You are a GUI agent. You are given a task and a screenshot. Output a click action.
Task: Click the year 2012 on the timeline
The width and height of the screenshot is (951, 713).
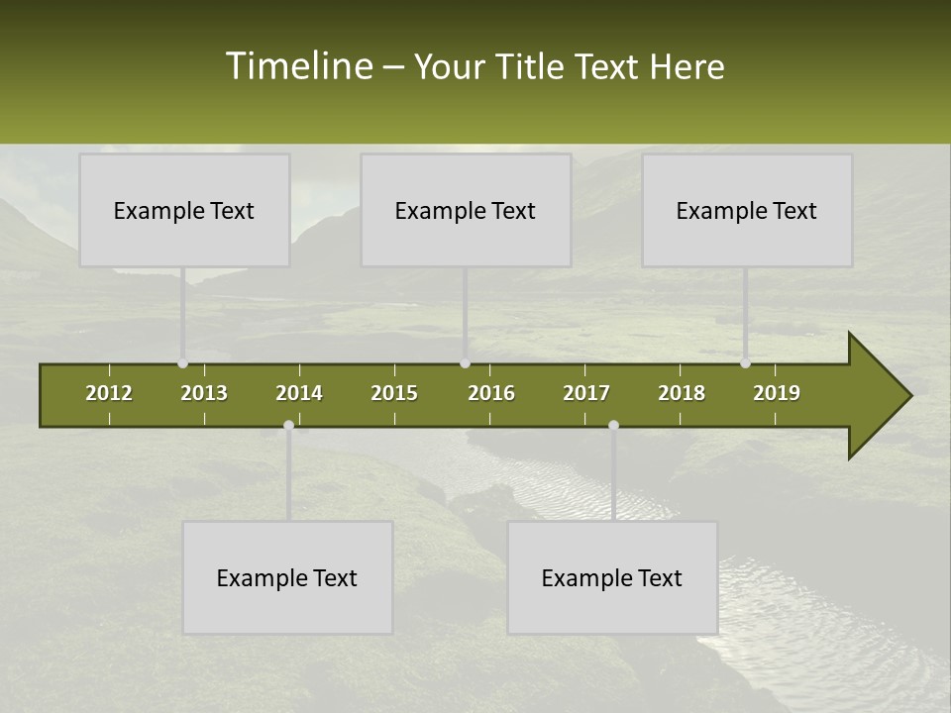coord(109,393)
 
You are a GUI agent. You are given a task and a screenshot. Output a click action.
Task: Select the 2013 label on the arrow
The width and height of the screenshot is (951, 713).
coord(204,393)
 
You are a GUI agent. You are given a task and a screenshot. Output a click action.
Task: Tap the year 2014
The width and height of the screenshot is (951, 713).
coord(299,393)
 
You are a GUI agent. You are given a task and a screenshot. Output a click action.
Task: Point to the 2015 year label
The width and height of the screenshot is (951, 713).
coord(394,393)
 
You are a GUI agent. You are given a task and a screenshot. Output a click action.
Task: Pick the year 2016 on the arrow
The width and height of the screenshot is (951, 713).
coord(491,393)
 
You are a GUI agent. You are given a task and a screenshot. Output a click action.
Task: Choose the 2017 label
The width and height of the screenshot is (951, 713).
coord(586,393)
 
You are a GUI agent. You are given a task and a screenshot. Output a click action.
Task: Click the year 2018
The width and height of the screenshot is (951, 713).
coord(682,393)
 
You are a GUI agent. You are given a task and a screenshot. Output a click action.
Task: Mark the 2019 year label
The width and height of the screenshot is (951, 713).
coord(777,393)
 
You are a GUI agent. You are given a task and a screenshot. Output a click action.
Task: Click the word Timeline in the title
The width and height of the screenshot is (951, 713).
coord(298,66)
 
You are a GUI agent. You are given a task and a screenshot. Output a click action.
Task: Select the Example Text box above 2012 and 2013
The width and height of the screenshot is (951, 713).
coord(184,210)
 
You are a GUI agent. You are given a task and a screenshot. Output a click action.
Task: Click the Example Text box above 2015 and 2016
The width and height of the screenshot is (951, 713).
coord(466,210)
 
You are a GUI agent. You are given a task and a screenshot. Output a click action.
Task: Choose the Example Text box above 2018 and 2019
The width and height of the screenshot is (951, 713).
coord(747,210)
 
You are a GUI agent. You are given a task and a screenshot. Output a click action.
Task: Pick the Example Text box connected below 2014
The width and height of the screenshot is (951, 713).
coord(287,577)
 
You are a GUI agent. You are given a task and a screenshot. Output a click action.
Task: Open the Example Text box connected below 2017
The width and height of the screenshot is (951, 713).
coord(612,577)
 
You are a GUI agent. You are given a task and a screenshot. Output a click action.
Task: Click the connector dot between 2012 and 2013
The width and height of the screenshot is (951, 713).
coord(182,363)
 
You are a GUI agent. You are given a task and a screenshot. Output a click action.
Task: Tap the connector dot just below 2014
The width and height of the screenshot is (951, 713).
coord(288,426)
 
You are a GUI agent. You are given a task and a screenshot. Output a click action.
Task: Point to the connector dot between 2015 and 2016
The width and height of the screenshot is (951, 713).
coord(466,363)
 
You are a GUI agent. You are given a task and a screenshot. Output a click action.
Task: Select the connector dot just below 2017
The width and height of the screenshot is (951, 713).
coord(613,426)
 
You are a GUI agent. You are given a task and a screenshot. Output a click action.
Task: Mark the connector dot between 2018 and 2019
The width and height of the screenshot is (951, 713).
coord(746,363)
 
